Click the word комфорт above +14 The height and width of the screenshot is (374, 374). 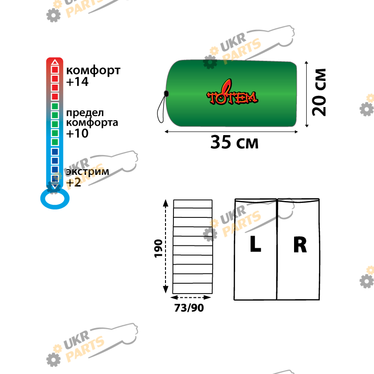(93, 71)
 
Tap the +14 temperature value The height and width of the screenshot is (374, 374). (77, 82)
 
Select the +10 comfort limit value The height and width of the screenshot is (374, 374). (77, 133)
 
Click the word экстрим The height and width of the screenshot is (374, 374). (87, 172)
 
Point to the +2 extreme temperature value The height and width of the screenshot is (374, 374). (74, 183)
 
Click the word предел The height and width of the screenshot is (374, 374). (85, 113)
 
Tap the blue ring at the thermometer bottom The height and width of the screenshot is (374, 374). (55, 208)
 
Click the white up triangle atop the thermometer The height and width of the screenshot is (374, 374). (55, 62)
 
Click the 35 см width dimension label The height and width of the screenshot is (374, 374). (234, 143)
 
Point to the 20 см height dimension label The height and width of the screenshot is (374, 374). (319, 92)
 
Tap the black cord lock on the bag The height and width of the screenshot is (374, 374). (166, 94)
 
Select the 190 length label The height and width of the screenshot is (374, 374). (158, 249)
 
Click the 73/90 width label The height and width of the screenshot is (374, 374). (189, 308)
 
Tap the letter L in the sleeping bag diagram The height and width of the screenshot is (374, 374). (255, 244)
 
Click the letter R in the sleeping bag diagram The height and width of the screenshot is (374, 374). (300, 245)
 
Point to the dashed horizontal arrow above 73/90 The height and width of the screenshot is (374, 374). (191, 297)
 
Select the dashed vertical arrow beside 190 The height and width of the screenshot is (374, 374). (165, 246)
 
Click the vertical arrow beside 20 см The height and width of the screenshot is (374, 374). (307, 94)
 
